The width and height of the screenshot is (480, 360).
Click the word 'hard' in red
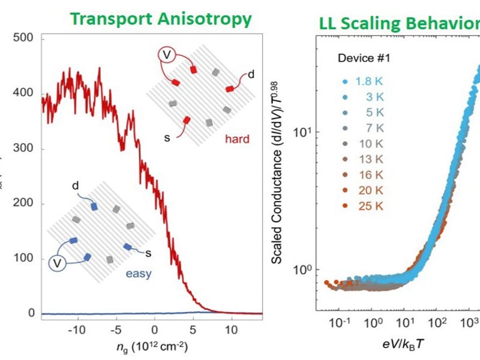pyautogui.click(x=236, y=140)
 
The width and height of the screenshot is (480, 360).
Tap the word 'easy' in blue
pyautogui.click(x=138, y=275)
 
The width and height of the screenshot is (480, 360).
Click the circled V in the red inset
pyautogui.click(x=167, y=55)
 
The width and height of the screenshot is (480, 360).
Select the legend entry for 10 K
pyautogui.click(x=367, y=144)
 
